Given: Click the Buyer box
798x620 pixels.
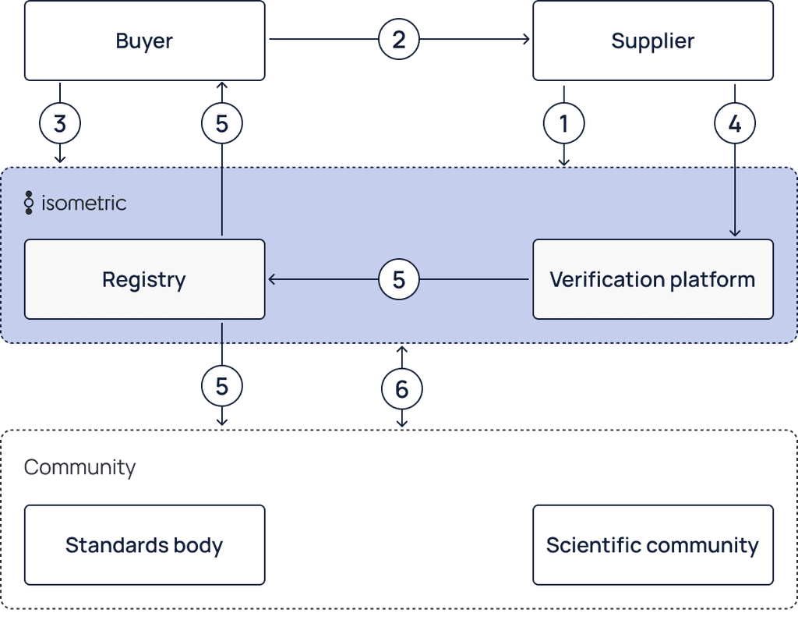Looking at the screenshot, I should pos(144,41).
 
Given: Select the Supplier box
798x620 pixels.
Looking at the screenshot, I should pos(652,41).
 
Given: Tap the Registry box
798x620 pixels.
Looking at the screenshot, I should pos(144,279).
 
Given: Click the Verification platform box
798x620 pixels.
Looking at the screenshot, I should pos(652,279).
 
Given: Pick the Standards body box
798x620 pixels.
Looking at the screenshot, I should pos(144,545).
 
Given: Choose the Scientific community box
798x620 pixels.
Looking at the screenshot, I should pos(652,545).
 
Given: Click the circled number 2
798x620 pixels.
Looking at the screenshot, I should pos(399,40).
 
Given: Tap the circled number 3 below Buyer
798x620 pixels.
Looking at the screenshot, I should pos(60,123).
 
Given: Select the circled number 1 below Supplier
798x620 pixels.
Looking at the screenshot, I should pos(564,123).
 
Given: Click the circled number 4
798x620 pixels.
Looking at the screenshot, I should pos(734,123).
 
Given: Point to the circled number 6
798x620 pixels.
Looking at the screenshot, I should pos(402,388).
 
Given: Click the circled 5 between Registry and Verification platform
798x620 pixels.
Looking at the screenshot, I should pos(399,279).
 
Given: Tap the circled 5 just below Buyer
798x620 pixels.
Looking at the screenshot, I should pos(222,123).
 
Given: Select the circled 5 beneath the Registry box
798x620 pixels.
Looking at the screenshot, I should pos(222,386).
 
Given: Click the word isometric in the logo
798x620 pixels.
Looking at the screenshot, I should pos(84,204).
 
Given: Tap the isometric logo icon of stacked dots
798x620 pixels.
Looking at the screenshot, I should pos(29,203).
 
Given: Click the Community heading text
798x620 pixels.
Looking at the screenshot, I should pos(79,467).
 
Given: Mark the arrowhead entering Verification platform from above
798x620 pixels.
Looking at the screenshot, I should pos(734,232).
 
